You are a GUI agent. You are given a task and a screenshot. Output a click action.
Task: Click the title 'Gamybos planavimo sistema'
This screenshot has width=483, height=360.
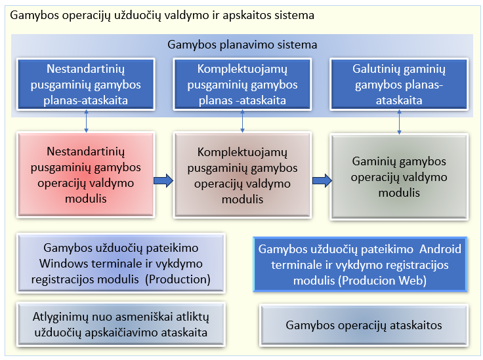[242, 45]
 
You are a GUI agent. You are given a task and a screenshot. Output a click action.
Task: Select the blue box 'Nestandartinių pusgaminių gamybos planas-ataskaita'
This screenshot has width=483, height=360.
[85, 85]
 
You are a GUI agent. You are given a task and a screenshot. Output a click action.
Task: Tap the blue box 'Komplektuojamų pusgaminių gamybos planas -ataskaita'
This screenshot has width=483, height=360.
[242, 85]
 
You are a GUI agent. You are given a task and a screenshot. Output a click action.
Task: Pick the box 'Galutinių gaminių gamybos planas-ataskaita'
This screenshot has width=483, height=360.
[399, 85]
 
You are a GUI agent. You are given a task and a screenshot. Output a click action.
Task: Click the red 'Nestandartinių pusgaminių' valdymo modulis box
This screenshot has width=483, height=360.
[85, 175]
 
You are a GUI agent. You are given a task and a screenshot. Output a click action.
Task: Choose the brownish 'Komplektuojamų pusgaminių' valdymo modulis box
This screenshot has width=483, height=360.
[242, 175]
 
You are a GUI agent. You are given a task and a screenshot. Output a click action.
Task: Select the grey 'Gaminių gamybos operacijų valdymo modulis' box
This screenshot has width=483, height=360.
[399, 177]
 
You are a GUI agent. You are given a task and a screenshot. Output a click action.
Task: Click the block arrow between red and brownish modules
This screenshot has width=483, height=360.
[163, 180]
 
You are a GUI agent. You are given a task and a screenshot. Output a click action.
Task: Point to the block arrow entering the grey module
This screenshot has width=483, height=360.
[322, 180]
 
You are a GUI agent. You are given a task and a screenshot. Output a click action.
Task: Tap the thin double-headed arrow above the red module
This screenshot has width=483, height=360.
[86, 121]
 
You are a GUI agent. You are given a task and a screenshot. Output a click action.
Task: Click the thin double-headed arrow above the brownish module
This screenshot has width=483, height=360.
[242, 121]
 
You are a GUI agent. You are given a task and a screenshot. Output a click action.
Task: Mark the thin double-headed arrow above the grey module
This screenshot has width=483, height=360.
[399, 122]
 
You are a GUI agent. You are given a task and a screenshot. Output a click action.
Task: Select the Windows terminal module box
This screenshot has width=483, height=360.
[121, 263]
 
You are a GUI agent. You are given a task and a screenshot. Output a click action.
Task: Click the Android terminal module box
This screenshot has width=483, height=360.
[360, 264]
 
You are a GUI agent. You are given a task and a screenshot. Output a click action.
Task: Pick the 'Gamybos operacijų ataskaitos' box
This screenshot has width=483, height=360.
[364, 325]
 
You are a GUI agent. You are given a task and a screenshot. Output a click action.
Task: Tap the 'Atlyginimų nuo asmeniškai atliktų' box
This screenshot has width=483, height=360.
[121, 325]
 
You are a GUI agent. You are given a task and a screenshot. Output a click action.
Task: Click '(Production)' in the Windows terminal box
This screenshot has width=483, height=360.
[178, 279]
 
